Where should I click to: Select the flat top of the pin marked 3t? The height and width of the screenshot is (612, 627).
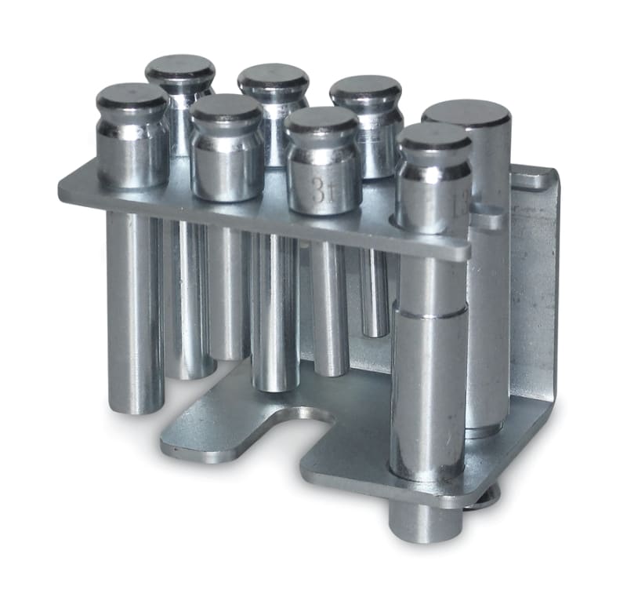pos(321,120)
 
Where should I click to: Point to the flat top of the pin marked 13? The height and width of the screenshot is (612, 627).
pos(433,136)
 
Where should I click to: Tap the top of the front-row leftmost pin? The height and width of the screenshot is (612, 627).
pos(132,97)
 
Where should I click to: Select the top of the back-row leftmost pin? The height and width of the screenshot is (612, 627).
pos(180,68)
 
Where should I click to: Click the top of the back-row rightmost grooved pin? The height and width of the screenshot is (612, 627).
pos(365,89)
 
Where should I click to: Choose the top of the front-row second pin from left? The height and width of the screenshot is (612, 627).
pos(227,107)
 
